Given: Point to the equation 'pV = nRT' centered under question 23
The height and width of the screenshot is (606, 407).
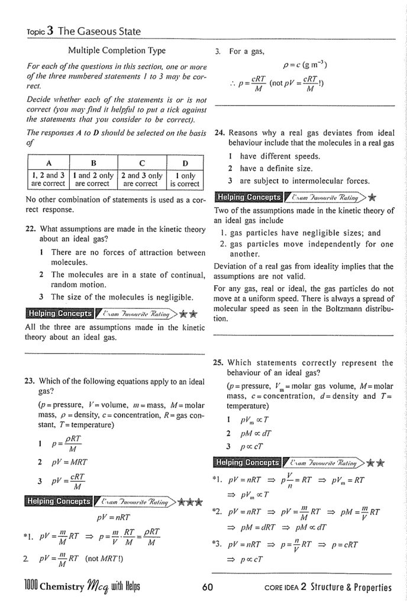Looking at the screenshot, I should click(x=116, y=516).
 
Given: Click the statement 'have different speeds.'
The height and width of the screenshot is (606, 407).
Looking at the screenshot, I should click(x=281, y=156).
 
